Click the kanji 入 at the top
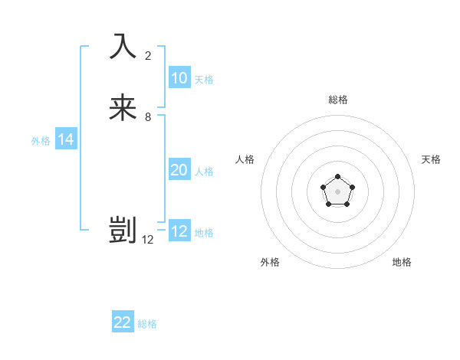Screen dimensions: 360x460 [123, 46]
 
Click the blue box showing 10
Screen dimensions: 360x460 [179, 78]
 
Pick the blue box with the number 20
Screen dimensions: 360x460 [179, 170]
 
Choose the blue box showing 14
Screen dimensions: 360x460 [66, 139]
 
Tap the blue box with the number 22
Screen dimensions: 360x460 [123, 322]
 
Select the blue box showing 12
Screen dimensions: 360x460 [179, 231]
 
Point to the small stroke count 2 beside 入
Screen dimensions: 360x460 [148, 55]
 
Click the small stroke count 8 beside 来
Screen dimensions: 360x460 [148, 117]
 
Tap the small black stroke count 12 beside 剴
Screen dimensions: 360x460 [148, 240]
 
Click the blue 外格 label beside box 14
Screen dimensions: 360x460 [41, 141]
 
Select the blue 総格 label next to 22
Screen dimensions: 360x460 [147, 324]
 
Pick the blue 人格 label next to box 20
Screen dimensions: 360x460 [205, 172]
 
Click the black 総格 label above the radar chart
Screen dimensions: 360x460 [338, 100]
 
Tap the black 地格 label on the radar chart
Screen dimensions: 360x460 [402, 262]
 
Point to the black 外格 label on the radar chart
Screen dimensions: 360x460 [270, 262]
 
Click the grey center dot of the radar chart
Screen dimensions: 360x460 [337, 191]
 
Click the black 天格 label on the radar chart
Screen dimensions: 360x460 [431, 159]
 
